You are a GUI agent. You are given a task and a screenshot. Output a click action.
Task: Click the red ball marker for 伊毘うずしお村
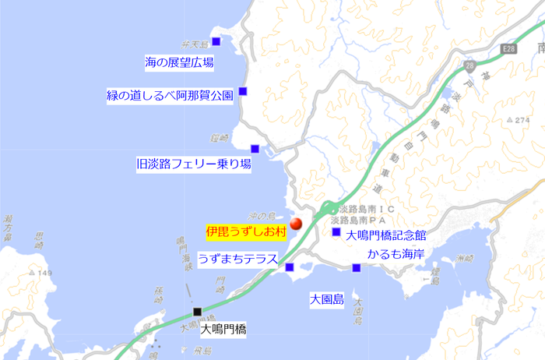click(295, 224)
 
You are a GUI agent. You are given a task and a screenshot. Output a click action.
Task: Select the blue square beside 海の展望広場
click(216, 41)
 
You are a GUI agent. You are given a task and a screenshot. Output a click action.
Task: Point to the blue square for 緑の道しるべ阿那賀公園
click(243, 91)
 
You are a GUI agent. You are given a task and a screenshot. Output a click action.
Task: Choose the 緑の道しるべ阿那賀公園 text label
click(170, 96)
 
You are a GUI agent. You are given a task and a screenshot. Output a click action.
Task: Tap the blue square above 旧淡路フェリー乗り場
click(255, 149)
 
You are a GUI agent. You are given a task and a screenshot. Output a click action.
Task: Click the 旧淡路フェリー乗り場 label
click(194, 164)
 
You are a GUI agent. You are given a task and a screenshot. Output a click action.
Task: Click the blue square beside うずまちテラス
click(290, 267)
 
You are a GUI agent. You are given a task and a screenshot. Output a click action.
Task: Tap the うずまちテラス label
click(238, 259)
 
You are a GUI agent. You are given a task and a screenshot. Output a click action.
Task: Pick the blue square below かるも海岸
click(356, 268)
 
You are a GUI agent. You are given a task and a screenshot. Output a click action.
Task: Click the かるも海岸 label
click(396, 254)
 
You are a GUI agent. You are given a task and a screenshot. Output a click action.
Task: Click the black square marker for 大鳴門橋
click(198, 312)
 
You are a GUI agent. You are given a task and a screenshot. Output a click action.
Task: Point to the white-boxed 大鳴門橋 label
click(223, 329)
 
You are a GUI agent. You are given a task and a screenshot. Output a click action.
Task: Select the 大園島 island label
click(326, 298)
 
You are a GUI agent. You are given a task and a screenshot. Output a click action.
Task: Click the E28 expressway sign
click(509, 48)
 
